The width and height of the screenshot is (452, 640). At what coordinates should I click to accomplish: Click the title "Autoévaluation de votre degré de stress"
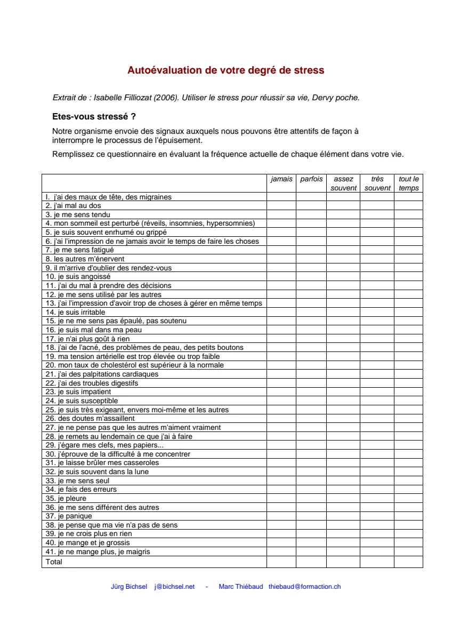225,70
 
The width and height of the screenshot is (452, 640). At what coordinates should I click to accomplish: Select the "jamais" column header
281,179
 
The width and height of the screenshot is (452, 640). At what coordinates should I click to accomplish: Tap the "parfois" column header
311,179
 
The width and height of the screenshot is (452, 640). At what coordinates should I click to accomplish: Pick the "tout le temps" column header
409,183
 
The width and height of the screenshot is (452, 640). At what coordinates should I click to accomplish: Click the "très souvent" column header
377,183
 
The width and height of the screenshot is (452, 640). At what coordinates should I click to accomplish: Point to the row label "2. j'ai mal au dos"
74,205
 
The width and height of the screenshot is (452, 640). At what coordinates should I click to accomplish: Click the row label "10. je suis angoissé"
78,277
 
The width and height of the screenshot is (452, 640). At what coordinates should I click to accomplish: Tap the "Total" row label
54,562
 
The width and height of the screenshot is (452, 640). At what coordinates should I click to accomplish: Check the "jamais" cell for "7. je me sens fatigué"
281,250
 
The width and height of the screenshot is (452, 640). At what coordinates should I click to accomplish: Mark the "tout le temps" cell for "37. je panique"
409,516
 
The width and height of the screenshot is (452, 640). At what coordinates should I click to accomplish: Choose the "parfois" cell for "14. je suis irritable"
311,312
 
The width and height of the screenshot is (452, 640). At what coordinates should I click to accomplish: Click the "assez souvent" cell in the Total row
343,562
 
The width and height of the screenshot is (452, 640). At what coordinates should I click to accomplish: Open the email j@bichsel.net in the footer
174,587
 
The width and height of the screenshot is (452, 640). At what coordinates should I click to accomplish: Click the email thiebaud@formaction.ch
304,587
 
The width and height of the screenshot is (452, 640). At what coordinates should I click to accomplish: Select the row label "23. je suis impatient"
78,392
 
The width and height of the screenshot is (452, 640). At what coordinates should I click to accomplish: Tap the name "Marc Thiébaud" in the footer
241,587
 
